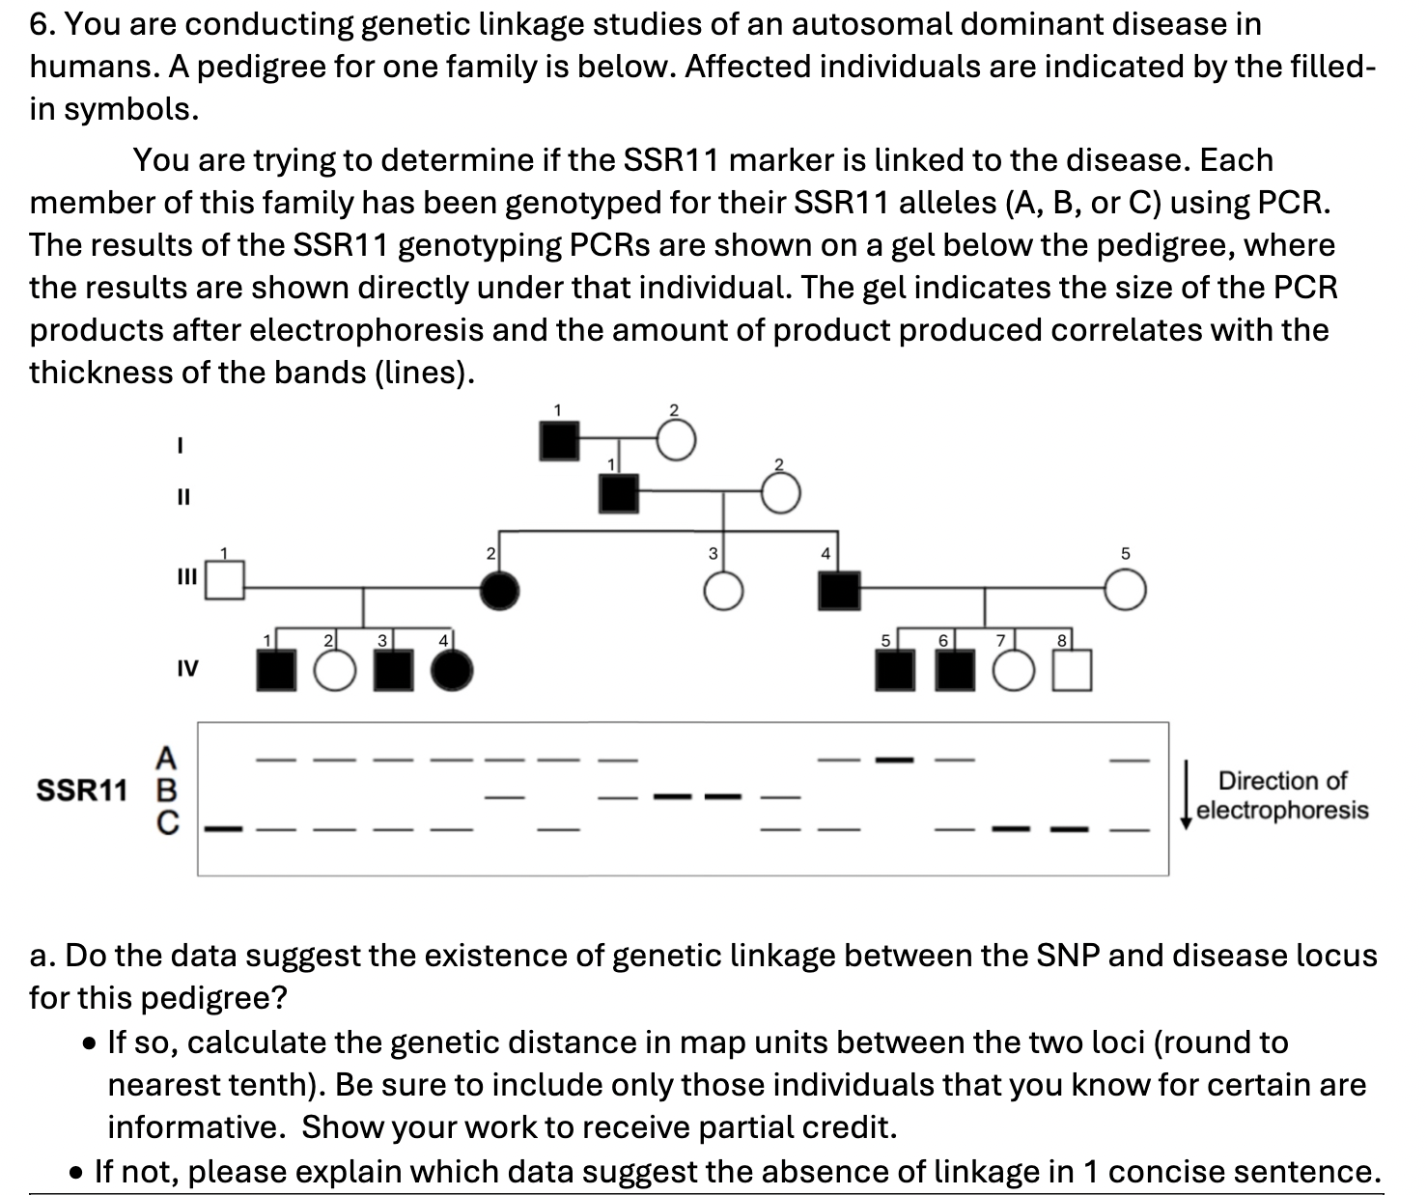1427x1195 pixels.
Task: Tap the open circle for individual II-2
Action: tap(780, 495)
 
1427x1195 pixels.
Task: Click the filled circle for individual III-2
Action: tap(499, 590)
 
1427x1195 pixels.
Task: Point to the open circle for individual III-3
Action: tap(723, 591)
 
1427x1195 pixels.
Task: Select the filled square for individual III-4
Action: tap(839, 589)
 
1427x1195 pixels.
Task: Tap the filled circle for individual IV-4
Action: tap(452, 671)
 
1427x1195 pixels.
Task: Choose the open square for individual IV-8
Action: tap(1072, 671)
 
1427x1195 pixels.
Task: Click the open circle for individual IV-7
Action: tap(1013, 671)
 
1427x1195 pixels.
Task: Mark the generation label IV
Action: tap(187, 668)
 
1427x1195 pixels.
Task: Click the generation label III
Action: tap(185, 577)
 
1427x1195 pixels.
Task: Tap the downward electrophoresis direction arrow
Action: tap(1187, 793)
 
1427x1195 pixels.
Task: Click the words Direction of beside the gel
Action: tap(1281, 780)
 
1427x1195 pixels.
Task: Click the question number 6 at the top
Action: tap(39, 24)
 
